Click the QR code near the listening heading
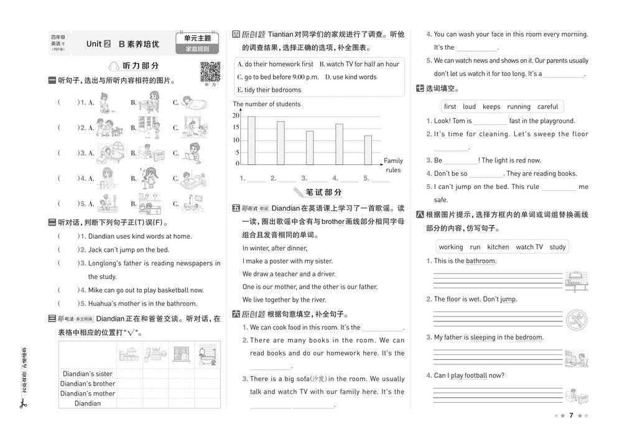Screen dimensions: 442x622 pos(210,72)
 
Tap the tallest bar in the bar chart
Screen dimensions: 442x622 pos(251,140)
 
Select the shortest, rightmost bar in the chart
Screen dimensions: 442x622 pos(368,150)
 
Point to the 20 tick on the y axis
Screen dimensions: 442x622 pos(236,116)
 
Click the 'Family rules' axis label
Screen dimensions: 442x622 pos(393,165)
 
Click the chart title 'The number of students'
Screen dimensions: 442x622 pos(267,104)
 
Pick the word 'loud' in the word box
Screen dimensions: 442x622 pos(469,106)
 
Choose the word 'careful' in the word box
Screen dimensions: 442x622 pos(547,106)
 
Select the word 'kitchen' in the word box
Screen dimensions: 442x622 pos(498,247)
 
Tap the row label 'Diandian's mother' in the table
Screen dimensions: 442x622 pos(87,394)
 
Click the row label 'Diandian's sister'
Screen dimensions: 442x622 pos(87,374)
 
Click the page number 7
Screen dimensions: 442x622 pos(571,415)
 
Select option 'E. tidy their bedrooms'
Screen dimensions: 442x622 pos(269,90)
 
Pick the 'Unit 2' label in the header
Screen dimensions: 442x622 pos(98,44)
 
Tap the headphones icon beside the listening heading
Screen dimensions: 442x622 pos(114,65)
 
